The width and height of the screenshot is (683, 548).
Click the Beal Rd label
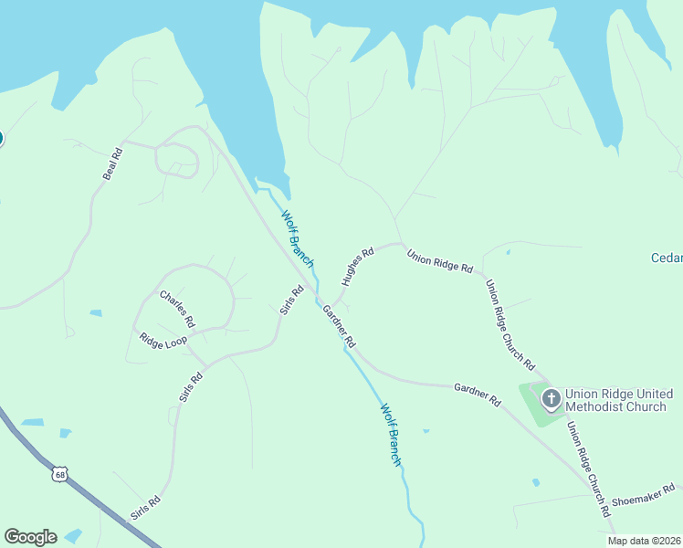coord(112,163)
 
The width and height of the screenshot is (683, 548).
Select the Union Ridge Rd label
coord(440,262)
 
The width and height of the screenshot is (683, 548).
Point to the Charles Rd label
coord(177,309)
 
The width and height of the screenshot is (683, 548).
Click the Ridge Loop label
coord(163,340)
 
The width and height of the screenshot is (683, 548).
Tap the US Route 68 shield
coord(60,474)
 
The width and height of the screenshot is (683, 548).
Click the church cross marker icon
coord(551,399)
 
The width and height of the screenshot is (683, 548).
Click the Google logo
coord(30,537)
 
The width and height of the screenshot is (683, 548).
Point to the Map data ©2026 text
coord(645,541)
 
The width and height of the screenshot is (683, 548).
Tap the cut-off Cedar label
coord(666,258)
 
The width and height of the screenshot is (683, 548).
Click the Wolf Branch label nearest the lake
coord(297,238)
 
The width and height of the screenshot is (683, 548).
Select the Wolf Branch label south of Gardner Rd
coord(390,435)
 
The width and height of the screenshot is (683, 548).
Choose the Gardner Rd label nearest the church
coord(478,395)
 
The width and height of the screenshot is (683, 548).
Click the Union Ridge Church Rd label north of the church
coord(509,324)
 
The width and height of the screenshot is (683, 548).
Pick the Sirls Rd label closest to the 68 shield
coord(146,508)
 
